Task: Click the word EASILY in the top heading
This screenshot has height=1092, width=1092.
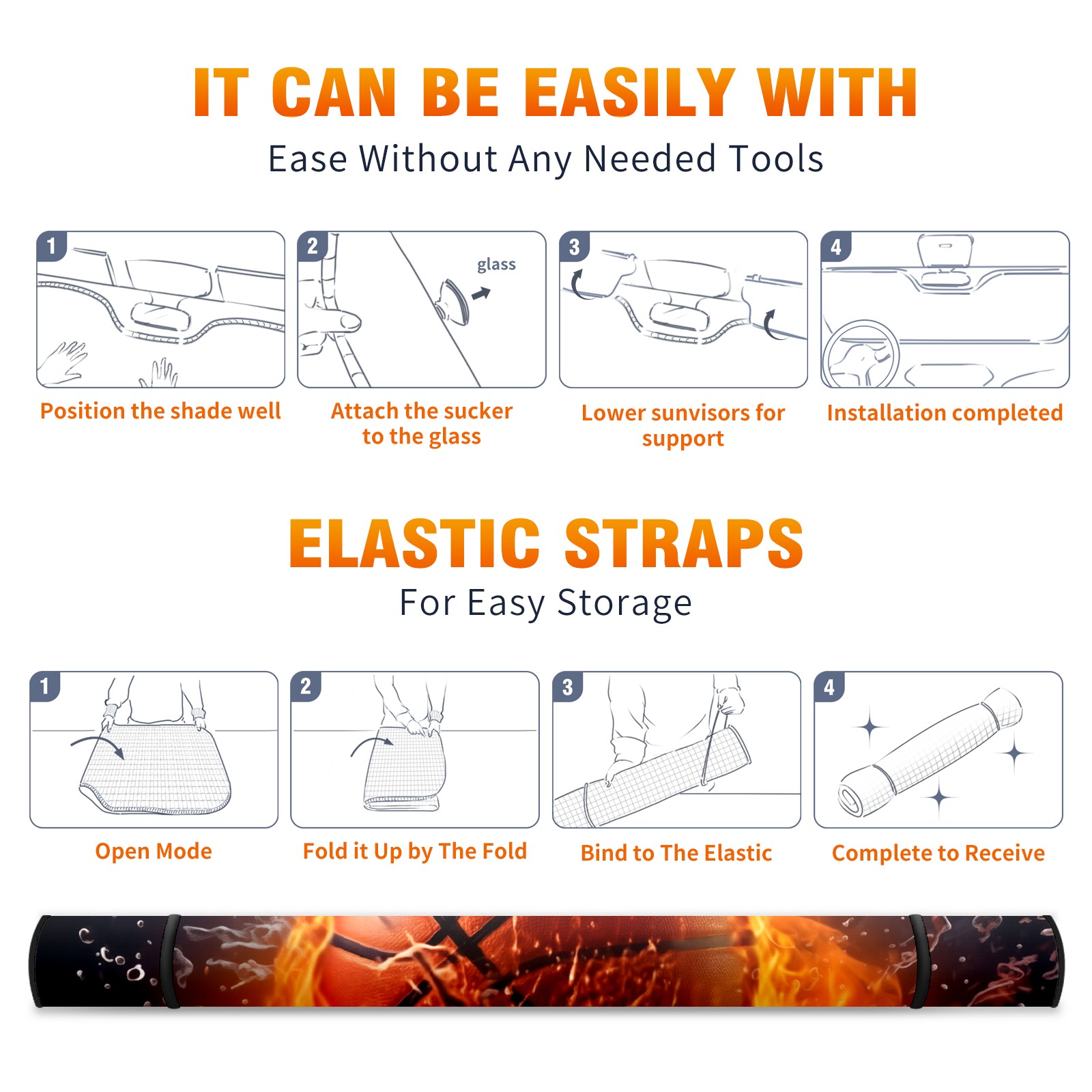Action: tap(630, 93)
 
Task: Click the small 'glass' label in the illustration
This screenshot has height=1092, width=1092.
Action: tap(496, 265)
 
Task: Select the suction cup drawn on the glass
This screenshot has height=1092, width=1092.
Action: tap(453, 301)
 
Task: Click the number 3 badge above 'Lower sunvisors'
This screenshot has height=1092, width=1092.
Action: tap(574, 246)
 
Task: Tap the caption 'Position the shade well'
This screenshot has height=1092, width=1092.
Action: tap(160, 411)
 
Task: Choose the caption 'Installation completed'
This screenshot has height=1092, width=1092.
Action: tap(945, 413)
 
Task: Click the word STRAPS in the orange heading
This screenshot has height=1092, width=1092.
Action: tap(684, 543)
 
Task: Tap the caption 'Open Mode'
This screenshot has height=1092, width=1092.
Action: tap(154, 851)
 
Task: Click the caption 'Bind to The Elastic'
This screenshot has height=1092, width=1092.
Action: tap(676, 853)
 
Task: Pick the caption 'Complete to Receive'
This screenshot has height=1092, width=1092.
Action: tap(938, 853)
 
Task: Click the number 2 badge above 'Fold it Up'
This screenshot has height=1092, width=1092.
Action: tap(306, 687)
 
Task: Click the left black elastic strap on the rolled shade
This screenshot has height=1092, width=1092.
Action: tap(171, 961)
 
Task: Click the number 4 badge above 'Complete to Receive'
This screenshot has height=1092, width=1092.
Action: tap(829, 687)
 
